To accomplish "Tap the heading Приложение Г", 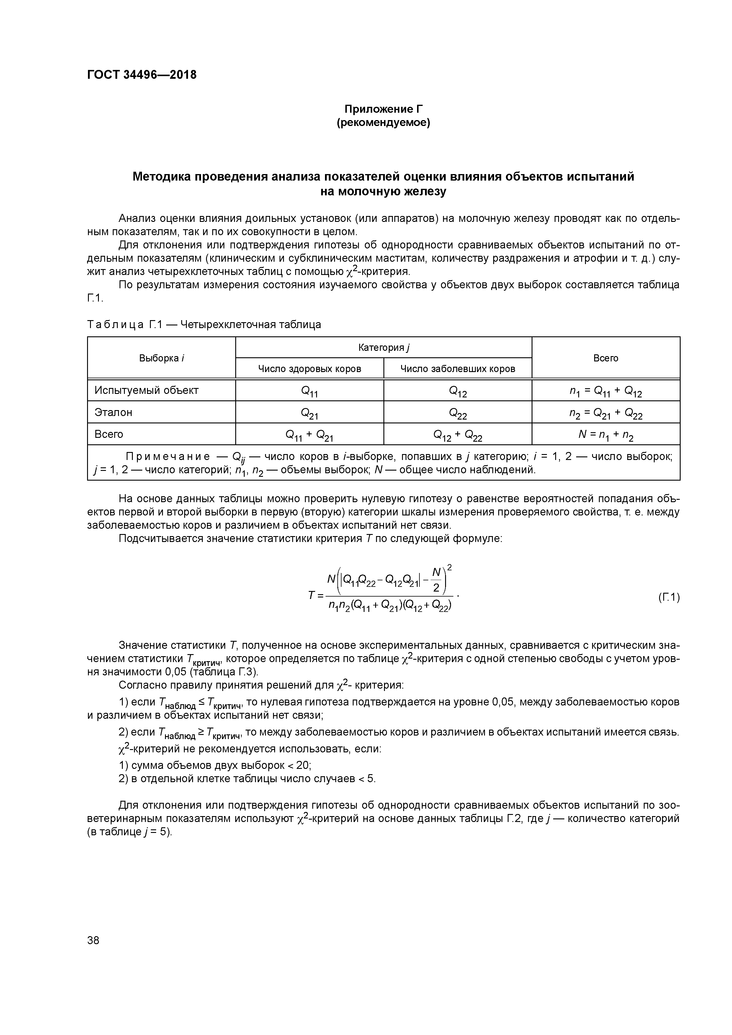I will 383,109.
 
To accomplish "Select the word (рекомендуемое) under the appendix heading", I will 383,123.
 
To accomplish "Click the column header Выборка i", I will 161,358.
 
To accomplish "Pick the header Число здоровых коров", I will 309,369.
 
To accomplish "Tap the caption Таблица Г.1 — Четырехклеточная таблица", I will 204,325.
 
